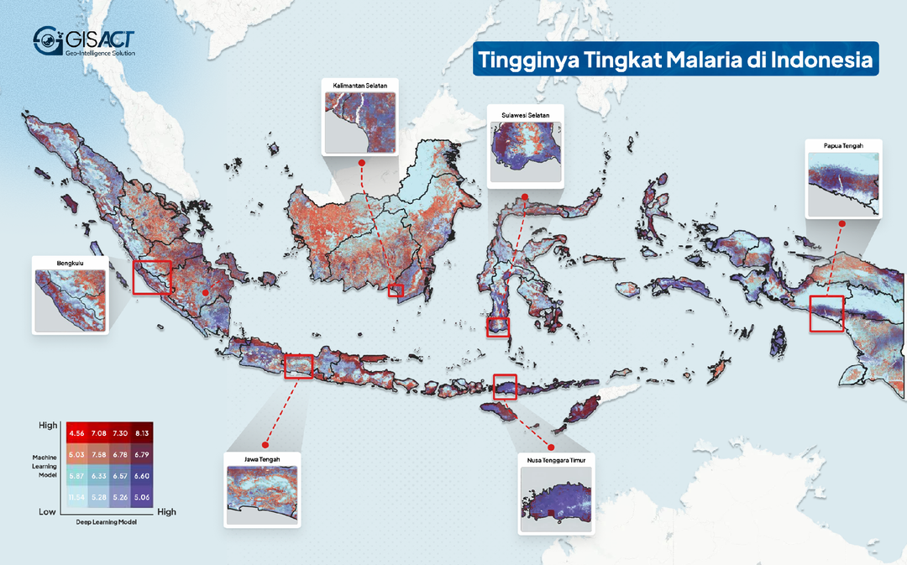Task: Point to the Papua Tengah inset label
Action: (844, 146)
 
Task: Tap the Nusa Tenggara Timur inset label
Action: (556, 460)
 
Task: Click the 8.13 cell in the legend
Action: (141, 432)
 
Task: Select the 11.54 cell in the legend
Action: (76, 497)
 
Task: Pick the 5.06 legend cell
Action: (141, 497)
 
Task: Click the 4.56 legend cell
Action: (76, 432)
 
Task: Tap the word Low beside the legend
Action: (47, 511)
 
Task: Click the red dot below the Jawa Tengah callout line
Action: (264, 443)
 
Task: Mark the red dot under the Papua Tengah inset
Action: (841, 223)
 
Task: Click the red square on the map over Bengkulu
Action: (152, 276)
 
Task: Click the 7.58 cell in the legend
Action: (98, 454)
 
